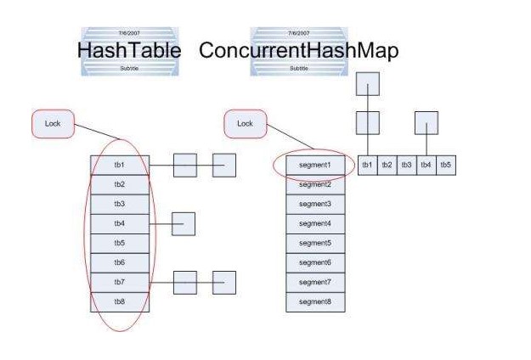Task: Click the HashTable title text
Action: coord(129,50)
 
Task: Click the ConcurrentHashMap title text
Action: coord(298,50)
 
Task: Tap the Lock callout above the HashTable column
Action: coord(52,124)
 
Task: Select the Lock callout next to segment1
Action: coord(245,124)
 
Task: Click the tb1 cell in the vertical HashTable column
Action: coord(120,165)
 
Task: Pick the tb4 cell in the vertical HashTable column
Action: coord(120,224)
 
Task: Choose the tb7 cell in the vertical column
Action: coord(120,282)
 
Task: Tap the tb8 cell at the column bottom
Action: coord(120,301)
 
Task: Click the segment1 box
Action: coord(314,165)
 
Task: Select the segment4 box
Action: coord(314,224)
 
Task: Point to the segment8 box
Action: coord(314,301)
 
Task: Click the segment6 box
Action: coord(314,262)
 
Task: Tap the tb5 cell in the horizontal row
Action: coord(445,165)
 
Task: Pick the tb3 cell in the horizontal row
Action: coord(406,165)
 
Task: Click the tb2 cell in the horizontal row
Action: coord(387,165)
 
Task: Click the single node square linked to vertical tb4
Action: coord(184,224)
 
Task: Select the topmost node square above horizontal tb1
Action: coord(367,85)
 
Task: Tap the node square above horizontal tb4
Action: coord(426,124)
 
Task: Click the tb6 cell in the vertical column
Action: coord(120,262)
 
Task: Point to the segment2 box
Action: coord(314,185)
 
